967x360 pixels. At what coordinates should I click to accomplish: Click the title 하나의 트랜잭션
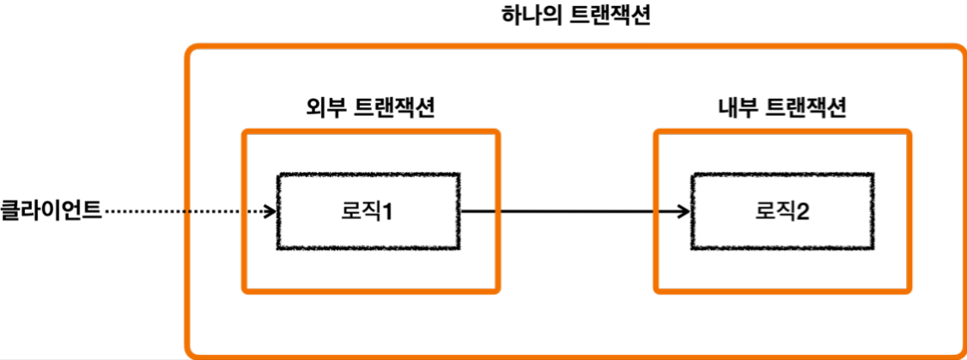pyautogui.click(x=575, y=16)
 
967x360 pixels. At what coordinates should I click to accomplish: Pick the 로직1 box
pyautogui.click(x=368, y=210)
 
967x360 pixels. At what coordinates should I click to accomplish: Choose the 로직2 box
pyautogui.click(x=782, y=210)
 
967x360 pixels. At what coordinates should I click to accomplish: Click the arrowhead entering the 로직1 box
pyautogui.click(x=270, y=211)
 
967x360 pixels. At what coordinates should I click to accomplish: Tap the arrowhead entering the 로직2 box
pyautogui.click(x=684, y=211)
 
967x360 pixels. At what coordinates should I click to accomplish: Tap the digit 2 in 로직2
pyautogui.click(x=803, y=211)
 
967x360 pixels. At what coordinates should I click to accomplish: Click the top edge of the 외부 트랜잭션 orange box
pyautogui.click(x=370, y=131)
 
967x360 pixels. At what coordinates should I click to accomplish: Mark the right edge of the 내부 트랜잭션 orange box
pyautogui.click(x=909, y=211)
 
